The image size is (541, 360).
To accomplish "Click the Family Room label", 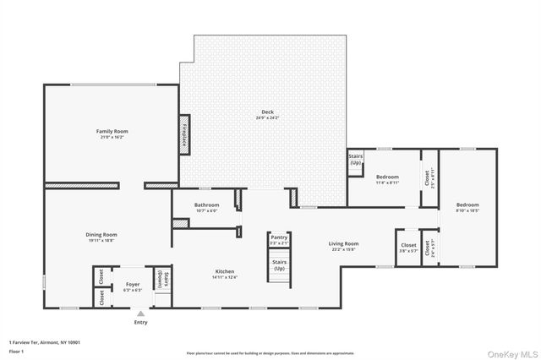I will [x=112, y=132].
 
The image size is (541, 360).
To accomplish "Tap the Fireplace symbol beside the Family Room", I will [x=183, y=136].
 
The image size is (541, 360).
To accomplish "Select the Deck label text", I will [x=266, y=112].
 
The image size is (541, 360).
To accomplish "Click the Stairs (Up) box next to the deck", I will [x=356, y=159].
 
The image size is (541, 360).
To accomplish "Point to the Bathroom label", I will [x=206, y=205].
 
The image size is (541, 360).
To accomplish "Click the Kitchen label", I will [x=225, y=272].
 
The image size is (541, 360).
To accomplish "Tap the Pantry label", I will [x=279, y=238].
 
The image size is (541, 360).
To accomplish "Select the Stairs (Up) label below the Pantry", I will [x=279, y=265].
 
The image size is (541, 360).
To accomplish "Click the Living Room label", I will [x=344, y=243].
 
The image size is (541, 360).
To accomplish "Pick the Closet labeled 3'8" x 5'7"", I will [x=407, y=248].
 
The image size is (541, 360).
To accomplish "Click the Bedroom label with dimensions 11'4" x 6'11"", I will [x=387, y=177].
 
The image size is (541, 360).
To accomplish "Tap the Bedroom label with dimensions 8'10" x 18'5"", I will [x=467, y=205].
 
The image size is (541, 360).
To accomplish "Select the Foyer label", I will [x=133, y=285].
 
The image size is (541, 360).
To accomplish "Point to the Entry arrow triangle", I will [x=140, y=313].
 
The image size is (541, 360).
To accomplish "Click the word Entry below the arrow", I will [x=140, y=322].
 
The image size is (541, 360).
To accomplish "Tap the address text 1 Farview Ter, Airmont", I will [x=46, y=341].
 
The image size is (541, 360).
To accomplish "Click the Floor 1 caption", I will [x=17, y=350].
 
